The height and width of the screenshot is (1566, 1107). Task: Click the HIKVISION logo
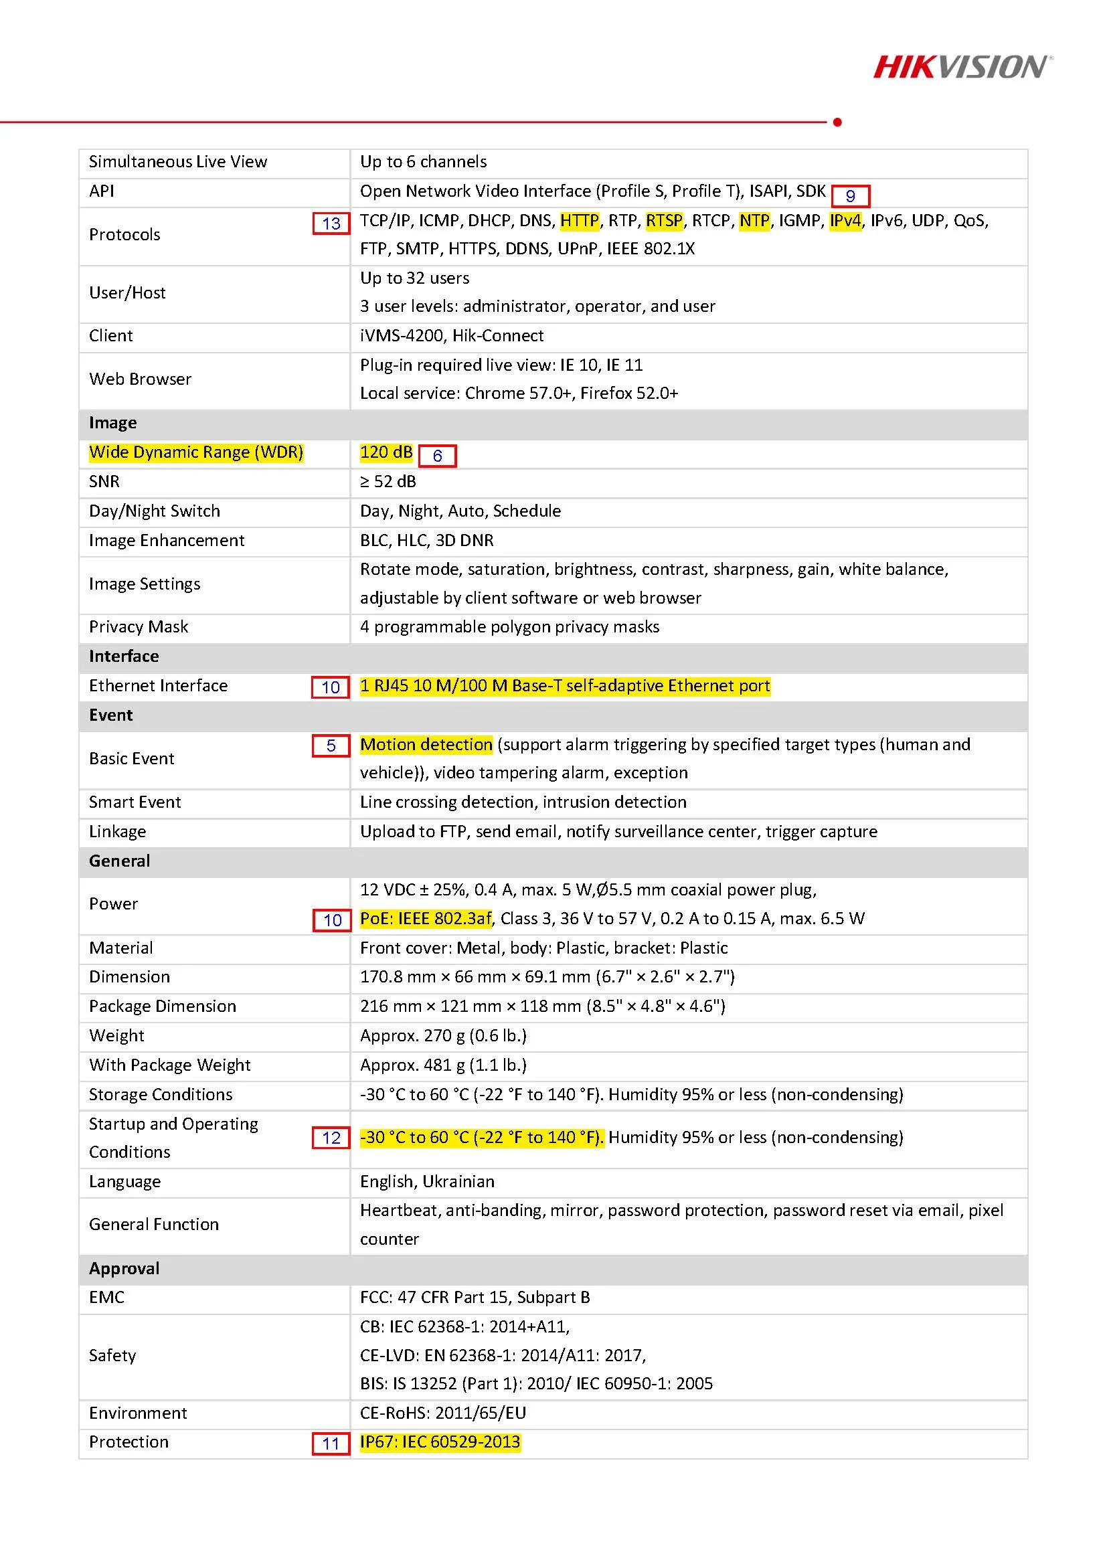click(962, 67)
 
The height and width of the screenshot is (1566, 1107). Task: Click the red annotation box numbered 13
click(331, 224)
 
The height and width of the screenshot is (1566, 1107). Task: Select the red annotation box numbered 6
click(437, 456)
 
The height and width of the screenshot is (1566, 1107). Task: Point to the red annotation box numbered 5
click(331, 746)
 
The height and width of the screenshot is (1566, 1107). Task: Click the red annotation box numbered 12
click(331, 1138)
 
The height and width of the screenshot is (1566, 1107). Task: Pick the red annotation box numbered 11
click(331, 1444)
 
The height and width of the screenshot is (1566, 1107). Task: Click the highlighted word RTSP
click(664, 221)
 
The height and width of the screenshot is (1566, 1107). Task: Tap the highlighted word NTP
click(754, 221)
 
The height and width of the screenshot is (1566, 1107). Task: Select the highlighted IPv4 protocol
click(845, 221)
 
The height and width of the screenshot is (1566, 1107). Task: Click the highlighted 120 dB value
click(386, 452)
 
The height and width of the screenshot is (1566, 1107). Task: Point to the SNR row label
click(104, 482)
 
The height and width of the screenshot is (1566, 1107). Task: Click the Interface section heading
click(123, 656)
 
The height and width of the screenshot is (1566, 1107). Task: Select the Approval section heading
click(123, 1268)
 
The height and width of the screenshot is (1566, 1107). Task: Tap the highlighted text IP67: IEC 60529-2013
click(440, 1442)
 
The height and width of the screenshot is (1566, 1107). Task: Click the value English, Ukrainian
click(427, 1181)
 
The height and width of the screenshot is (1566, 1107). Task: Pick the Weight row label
click(116, 1035)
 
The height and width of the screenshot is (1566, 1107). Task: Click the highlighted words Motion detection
click(426, 744)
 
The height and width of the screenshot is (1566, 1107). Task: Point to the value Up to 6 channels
click(423, 162)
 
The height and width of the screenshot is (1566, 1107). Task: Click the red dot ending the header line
click(837, 122)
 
